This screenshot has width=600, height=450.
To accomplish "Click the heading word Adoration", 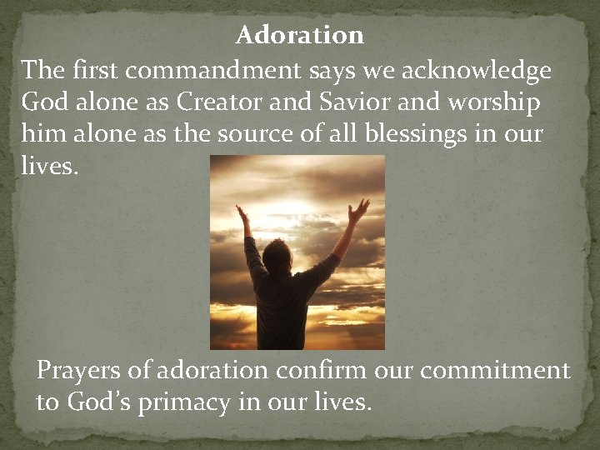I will coord(300,36).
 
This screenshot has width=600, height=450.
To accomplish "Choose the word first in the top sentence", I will coord(100,71).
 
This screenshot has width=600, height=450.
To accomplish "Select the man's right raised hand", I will coord(358,209).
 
